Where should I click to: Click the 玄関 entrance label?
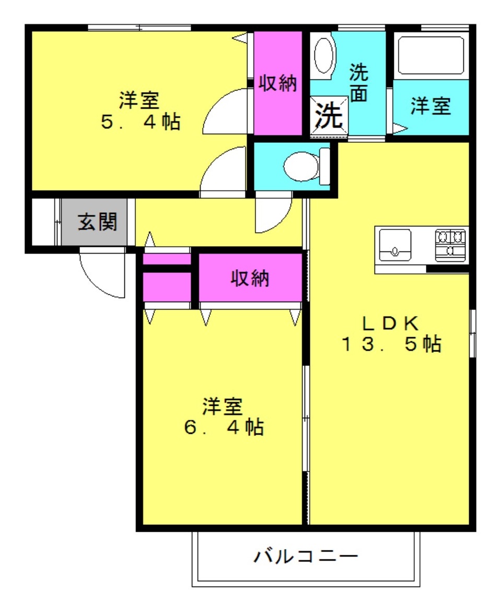(x=97, y=222)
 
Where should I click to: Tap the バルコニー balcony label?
(x=306, y=556)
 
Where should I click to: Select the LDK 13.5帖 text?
(x=391, y=334)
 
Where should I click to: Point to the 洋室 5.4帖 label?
(x=140, y=110)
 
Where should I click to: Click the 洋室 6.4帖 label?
(x=224, y=417)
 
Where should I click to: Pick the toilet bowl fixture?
(x=301, y=166)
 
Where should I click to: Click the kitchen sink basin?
(x=395, y=245)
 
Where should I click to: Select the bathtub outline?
(x=431, y=55)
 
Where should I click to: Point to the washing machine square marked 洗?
(x=329, y=115)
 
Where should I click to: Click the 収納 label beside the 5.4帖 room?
(x=278, y=83)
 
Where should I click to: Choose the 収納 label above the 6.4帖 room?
(x=250, y=278)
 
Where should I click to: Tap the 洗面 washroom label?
(x=358, y=83)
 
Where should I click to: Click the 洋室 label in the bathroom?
(x=431, y=106)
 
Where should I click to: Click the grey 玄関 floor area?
(x=94, y=222)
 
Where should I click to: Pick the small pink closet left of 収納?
(x=167, y=287)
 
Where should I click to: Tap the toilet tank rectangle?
(x=324, y=166)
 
